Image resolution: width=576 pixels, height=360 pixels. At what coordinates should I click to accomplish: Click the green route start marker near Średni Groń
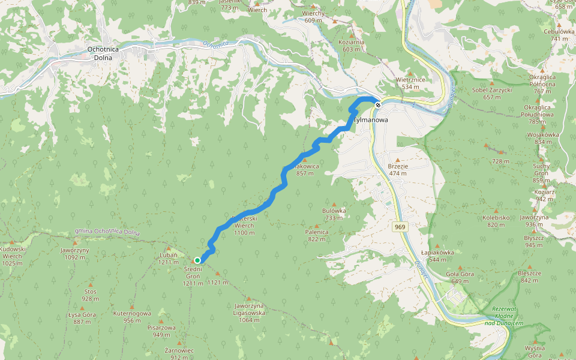tap(197, 260)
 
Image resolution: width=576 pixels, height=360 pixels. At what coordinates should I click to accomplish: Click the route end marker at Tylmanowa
tap(377, 105)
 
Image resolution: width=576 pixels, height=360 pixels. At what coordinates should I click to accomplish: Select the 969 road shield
tap(400, 227)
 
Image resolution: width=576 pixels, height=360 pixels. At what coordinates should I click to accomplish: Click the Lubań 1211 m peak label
tap(168, 259)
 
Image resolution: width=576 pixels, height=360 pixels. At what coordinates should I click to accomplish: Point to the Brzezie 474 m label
tap(397, 170)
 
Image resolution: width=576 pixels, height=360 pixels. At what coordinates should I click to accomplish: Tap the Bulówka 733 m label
tap(334, 214)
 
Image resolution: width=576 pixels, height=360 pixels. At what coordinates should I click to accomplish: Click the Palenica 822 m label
tap(317, 235)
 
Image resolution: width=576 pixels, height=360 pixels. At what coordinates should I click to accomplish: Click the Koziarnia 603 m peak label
tap(352, 45)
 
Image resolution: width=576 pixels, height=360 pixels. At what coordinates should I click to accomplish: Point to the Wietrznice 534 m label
tap(410, 83)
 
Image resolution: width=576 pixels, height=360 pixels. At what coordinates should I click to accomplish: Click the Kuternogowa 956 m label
tap(132, 316)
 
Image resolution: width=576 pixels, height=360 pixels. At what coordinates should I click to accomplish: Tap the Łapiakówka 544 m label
tap(437, 256)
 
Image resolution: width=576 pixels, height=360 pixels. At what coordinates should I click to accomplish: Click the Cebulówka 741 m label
tap(559, 35)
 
